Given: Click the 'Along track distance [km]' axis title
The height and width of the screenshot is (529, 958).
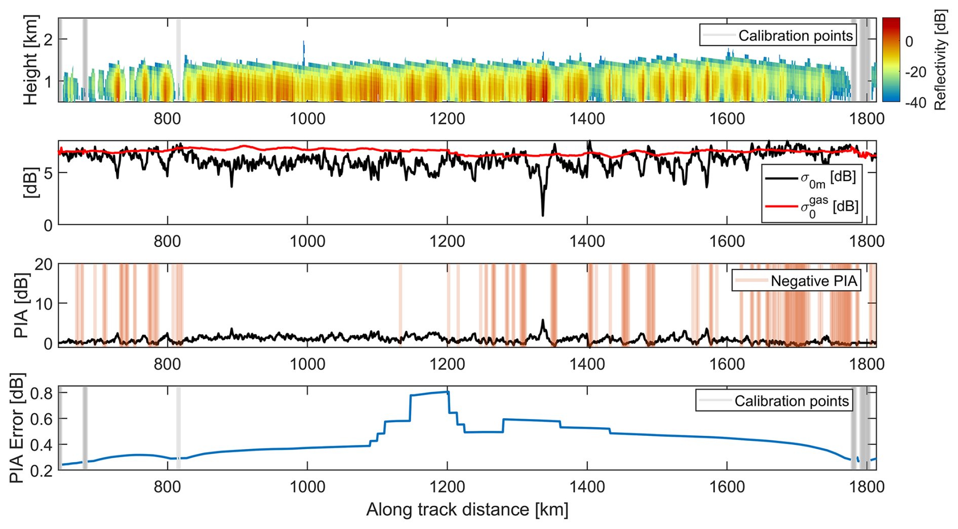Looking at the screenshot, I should pyautogui.click(x=467, y=509).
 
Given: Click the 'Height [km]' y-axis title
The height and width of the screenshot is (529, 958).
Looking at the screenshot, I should pyautogui.click(x=30, y=60).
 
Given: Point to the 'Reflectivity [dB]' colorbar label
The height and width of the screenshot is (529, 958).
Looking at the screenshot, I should pyautogui.click(x=941, y=60).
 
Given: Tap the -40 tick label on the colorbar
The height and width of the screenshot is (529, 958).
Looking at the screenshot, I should pyautogui.click(x=915, y=103).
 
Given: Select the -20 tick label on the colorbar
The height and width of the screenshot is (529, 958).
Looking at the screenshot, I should pyautogui.click(x=915, y=72).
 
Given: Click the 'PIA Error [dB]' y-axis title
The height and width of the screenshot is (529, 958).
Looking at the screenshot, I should pyautogui.click(x=17, y=428).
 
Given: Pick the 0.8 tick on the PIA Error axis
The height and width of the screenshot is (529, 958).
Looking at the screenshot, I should pyautogui.click(x=43, y=393).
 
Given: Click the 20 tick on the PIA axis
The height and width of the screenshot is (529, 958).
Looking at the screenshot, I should pyautogui.click(x=44, y=264).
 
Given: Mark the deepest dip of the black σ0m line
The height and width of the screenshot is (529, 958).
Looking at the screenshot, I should pyautogui.click(x=543, y=215).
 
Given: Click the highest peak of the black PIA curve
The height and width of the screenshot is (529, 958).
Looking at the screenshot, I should pyautogui.click(x=543, y=320).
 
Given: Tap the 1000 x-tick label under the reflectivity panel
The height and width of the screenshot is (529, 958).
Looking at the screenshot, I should pyautogui.click(x=307, y=118).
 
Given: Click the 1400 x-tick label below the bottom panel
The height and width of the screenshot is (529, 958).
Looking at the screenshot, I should pyautogui.click(x=587, y=486).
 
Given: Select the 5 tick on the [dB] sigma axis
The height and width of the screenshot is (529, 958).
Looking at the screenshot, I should pyautogui.click(x=48, y=173).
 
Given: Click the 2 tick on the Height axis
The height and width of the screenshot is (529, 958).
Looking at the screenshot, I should pyautogui.click(x=49, y=39).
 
